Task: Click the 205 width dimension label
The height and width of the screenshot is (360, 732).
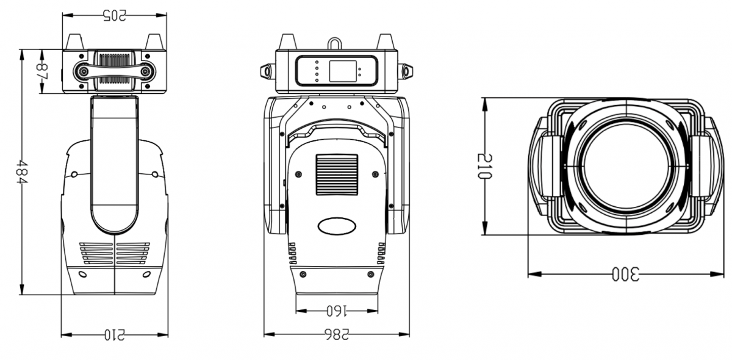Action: [x=115, y=16]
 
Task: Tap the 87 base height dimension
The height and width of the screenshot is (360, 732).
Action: [x=42, y=71]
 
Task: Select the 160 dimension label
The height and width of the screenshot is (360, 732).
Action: [x=337, y=311]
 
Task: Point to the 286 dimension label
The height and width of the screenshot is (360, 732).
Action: [x=337, y=334]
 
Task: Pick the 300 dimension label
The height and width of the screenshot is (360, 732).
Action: [x=625, y=274]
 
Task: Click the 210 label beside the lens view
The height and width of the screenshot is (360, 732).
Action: [x=484, y=166]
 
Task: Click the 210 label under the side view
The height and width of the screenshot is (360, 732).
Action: [x=115, y=335]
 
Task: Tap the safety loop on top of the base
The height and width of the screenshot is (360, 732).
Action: [x=335, y=43]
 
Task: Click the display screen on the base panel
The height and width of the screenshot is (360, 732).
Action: [x=343, y=71]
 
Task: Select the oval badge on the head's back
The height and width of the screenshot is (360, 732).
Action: [x=337, y=226]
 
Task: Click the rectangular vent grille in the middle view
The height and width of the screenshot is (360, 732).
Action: [x=337, y=175]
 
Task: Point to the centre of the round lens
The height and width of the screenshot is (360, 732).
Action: [x=626, y=166]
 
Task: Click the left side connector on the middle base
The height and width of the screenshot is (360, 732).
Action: [x=268, y=71]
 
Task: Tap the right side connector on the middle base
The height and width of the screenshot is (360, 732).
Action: [x=406, y=71]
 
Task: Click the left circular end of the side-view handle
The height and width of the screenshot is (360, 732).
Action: [x=84, y=71]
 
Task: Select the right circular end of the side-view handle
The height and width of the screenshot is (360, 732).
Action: [x=145, y=71]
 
